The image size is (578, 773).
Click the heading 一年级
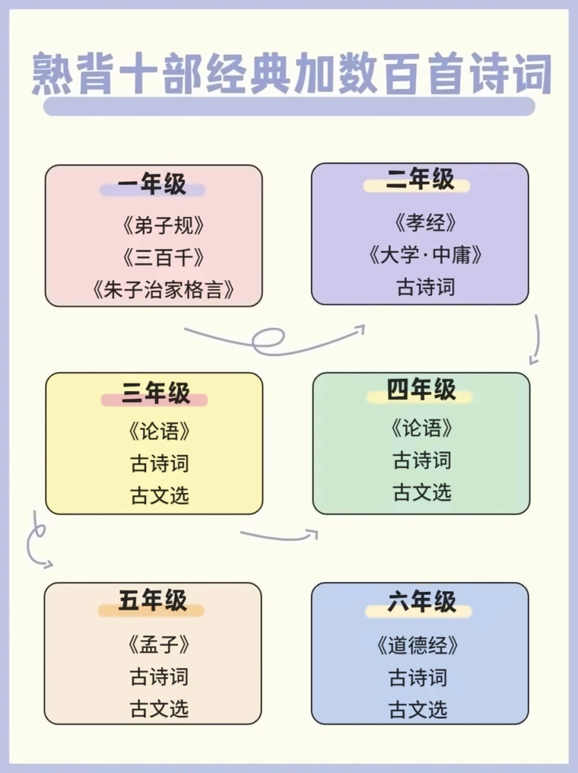(152, 184)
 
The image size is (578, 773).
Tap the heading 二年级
(420, 179)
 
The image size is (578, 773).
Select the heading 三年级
(156, 393)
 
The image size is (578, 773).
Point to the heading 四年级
(421, 389)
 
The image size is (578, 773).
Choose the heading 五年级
(153, 600)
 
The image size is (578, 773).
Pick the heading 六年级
(422, 602)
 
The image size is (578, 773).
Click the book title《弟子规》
(163, 225)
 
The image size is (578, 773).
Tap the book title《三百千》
(163, 258)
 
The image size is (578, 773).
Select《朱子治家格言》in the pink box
(163, 290)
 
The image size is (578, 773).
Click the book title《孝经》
(425, 223)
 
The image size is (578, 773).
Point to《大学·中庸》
(425, 254)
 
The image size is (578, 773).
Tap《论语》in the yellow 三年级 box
(160, 431)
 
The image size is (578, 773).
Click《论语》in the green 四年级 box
(422, 428)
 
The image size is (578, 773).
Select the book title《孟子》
(159, 644)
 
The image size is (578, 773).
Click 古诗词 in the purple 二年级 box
(425, 287)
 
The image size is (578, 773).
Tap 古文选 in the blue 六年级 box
(418, 710)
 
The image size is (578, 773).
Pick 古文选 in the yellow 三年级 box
(160, 495)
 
